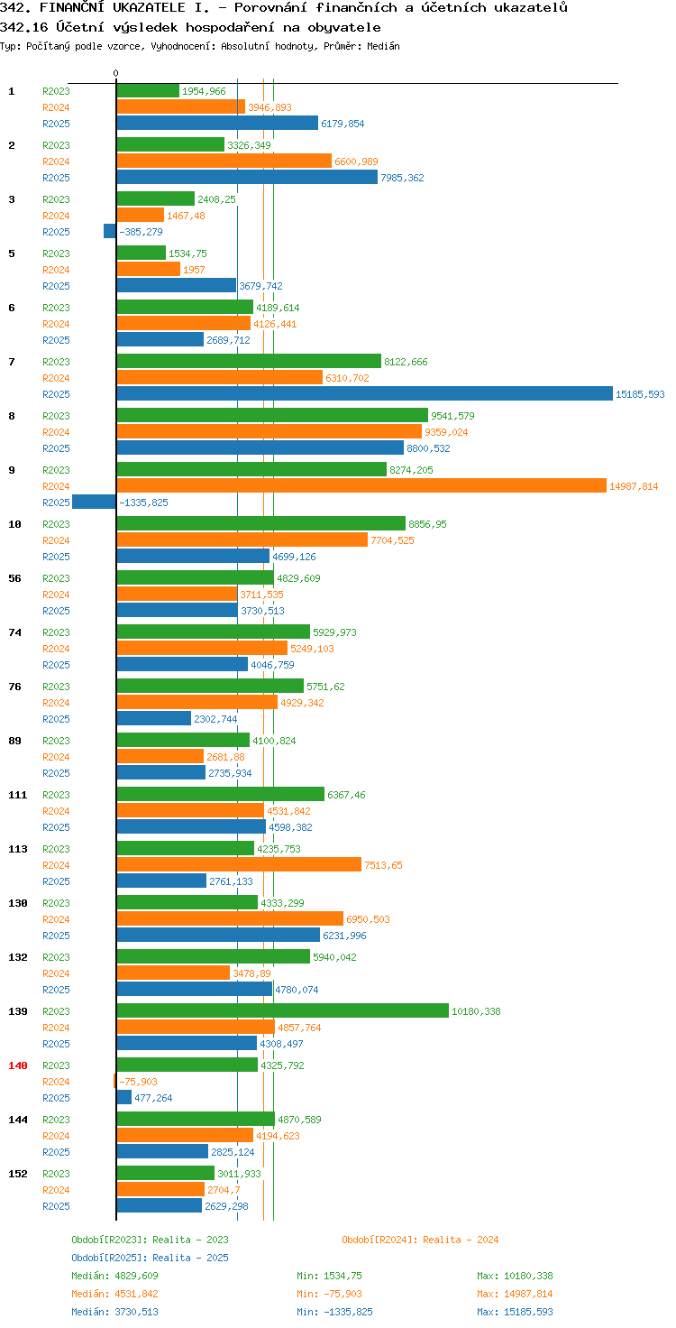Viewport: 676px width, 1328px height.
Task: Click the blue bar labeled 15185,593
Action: coord(364,393)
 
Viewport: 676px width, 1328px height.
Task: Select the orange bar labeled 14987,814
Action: coord(361,485)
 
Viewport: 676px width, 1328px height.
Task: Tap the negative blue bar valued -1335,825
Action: coord(95,503)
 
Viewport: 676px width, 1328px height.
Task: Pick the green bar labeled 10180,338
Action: coord(283,1010)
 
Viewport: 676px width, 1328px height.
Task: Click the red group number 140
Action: coord(18,1065)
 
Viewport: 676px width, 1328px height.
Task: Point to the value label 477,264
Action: coord(153,1098)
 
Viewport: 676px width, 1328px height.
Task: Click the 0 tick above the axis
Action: coord(115,73)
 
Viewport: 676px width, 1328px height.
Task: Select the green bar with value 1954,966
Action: coord(148,91)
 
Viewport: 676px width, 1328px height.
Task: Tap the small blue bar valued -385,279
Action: coord(110,231)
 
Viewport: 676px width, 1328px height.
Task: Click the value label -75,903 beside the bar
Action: coord(139,1082)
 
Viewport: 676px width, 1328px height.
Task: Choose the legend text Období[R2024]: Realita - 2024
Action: coord(420,1240)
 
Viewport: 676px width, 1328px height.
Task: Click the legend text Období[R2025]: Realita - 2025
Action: coord(150,1258)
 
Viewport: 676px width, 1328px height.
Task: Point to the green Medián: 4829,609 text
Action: coord(115,1276)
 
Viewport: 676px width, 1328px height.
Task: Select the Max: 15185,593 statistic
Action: coord(515,1312)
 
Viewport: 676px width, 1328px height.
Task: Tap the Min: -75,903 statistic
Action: coord(329,1294)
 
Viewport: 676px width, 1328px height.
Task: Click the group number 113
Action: coord(18,849)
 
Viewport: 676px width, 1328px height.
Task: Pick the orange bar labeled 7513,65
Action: coord(239,864)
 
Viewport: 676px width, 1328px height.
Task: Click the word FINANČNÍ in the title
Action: coord(72,8)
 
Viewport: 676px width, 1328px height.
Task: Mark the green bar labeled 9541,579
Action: coord(272,415)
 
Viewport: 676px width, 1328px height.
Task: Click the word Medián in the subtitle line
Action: coord(383,46)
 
